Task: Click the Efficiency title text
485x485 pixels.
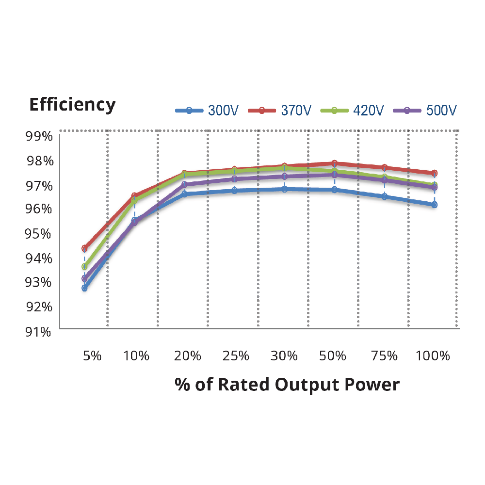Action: pos(72,104)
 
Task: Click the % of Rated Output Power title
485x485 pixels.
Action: pos(287,384)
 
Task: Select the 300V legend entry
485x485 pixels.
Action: pos(207,110)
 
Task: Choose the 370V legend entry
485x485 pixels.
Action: pos(280,110)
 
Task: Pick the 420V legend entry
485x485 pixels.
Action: pos(353,110)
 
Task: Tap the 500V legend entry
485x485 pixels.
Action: pos(425,110)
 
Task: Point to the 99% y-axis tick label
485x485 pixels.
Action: pos(38,136)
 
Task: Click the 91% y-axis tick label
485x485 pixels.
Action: pos(38,332)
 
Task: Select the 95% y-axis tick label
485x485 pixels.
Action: pos(38,234)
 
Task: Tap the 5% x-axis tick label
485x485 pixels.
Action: pos(92,356)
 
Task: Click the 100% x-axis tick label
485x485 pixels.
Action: pos(433,356)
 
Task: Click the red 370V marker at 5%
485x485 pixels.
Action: pos(84,248)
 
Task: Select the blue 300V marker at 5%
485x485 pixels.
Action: pos(84,288)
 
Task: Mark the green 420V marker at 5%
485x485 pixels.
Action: pos(84,267)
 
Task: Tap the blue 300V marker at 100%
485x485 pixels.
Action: pos(435,205)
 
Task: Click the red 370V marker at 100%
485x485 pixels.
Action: pos(435,173)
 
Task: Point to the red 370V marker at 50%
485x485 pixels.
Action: pos(335,163)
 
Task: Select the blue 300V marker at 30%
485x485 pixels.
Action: pos(285,189)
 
